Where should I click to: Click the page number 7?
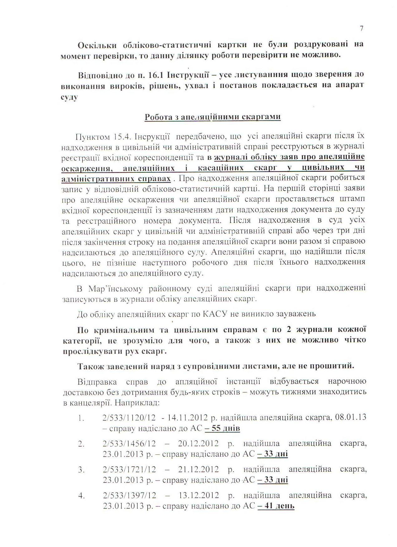click(x=361, y=29)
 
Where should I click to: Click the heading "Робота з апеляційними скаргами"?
click(x=213, y=117)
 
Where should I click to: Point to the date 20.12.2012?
click(x=199, y=444)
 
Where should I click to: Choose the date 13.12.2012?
click(x=199, y=495)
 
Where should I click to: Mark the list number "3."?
click(x=81, y=469)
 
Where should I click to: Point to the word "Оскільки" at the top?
click(x=97, y=45)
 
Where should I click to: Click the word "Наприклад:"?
click(x=137, y=403)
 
